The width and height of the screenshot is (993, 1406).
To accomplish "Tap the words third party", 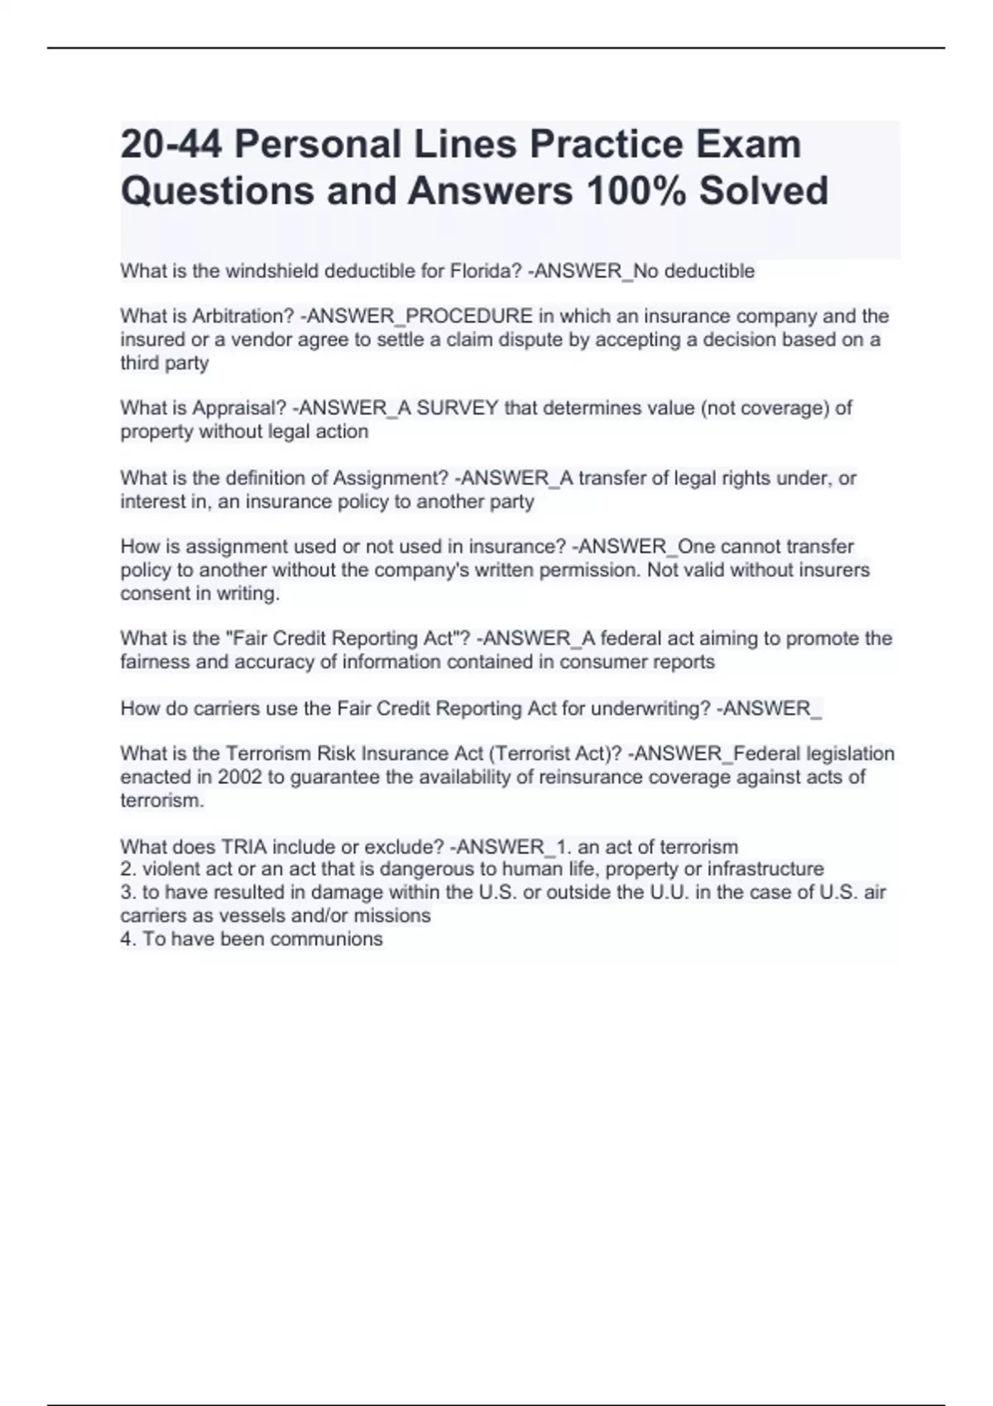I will [x=165, y=363].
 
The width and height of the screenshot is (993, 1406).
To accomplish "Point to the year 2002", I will [x=239, y=777].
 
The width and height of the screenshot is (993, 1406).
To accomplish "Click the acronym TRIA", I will [x=242, y=847].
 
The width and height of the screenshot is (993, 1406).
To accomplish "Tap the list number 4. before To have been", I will [x=128, y=940].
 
